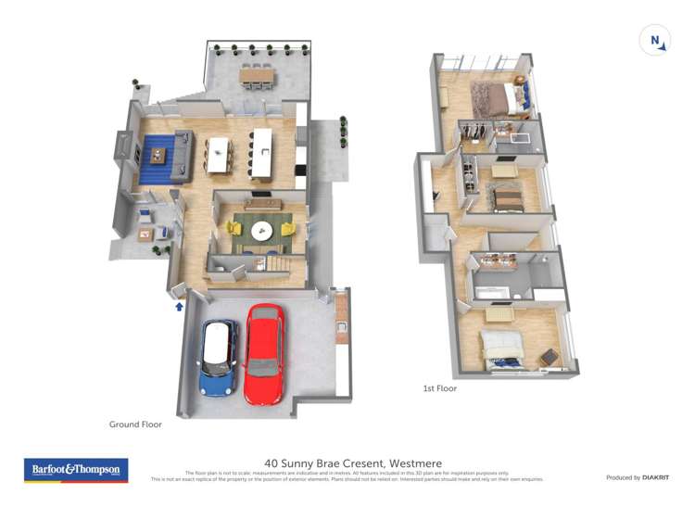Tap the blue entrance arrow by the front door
point(179,305)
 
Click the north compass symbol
point(655,40)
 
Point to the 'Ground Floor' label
point(135,425)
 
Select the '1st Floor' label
point(439,388)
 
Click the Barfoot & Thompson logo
point(75,470)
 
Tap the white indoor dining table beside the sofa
point(219,155)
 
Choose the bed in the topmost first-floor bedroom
point(490,95)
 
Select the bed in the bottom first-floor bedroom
point(501,349)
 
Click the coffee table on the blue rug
point(156,155)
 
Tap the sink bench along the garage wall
point(341,317)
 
